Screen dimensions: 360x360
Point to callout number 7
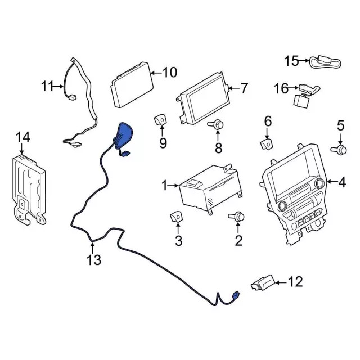[244, 88]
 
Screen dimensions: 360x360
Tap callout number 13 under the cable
[93, 260]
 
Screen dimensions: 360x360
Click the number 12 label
[295, 281]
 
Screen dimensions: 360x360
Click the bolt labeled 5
[340, 149]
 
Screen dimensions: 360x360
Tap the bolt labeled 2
[237, 217]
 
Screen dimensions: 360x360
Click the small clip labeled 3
[177, 216]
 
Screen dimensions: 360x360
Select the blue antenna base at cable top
[124, 136]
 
